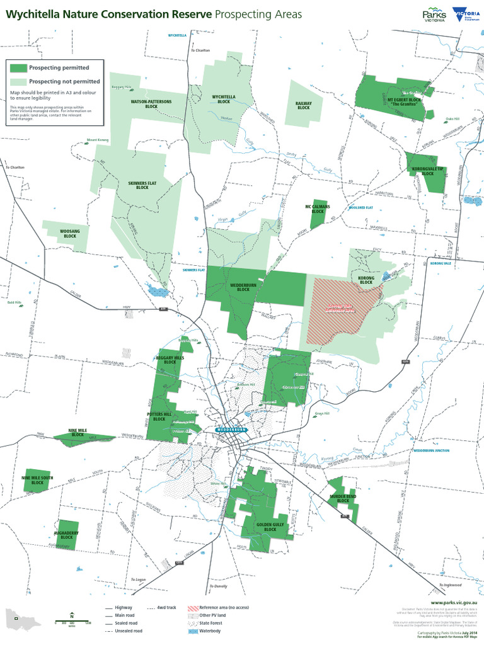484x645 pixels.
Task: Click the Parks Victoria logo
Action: (434, 14)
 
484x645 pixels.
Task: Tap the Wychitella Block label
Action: (224, 99)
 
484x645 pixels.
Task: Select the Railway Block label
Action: (304, 105)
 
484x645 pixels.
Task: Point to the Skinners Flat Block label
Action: (142, 185)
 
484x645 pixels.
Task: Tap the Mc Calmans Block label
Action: (318, 208)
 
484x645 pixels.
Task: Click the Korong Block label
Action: (366, 280)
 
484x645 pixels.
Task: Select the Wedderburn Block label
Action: (239, 287)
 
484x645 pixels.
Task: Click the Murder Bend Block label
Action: (343, 498)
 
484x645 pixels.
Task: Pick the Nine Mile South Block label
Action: (38, 480)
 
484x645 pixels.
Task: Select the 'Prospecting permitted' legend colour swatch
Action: (18, 67)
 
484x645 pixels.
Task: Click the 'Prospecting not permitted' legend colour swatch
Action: (18, 81)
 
